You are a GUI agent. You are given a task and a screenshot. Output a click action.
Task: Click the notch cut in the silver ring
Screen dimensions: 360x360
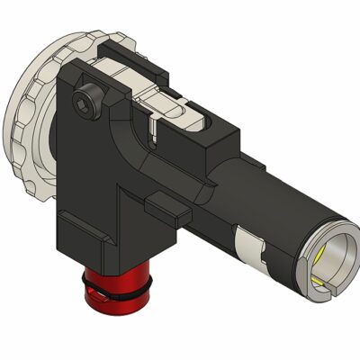[328, 289]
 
